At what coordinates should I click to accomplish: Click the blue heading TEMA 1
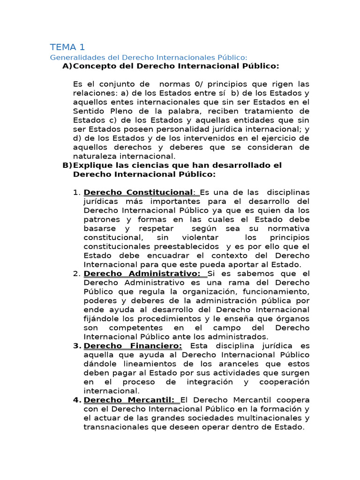[67, 47]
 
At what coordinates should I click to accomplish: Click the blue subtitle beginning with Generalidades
[149, 57]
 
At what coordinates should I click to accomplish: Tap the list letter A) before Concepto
[67, 66]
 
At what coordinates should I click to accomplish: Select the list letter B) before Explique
[67, 165]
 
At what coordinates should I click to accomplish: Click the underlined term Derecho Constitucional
[138, 193]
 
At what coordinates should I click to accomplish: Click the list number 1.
[77, 193]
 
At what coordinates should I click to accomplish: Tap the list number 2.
[77, 273]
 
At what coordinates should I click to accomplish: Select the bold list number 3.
[77, 346]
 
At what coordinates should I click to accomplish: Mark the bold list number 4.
[77, 400]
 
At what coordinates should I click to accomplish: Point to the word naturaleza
[96, 156]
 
